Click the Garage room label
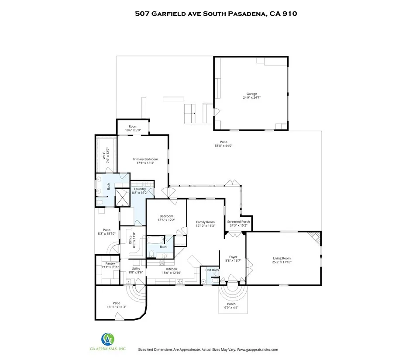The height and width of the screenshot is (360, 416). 251,93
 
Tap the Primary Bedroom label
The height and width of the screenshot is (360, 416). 145,159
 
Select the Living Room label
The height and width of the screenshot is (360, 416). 282,258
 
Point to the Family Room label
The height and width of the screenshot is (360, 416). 205,222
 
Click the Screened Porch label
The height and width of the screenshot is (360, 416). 238,222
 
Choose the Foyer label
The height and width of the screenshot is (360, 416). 233,257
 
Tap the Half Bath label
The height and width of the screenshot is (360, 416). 212,270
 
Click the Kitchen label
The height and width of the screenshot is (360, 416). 172,269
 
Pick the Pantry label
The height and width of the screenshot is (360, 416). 110,263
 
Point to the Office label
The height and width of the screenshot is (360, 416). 130,239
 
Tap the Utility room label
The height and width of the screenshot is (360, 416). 136,269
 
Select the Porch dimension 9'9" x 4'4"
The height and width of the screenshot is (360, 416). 231,308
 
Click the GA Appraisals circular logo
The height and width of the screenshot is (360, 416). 108,339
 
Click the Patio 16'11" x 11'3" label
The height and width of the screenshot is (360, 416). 116,305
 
